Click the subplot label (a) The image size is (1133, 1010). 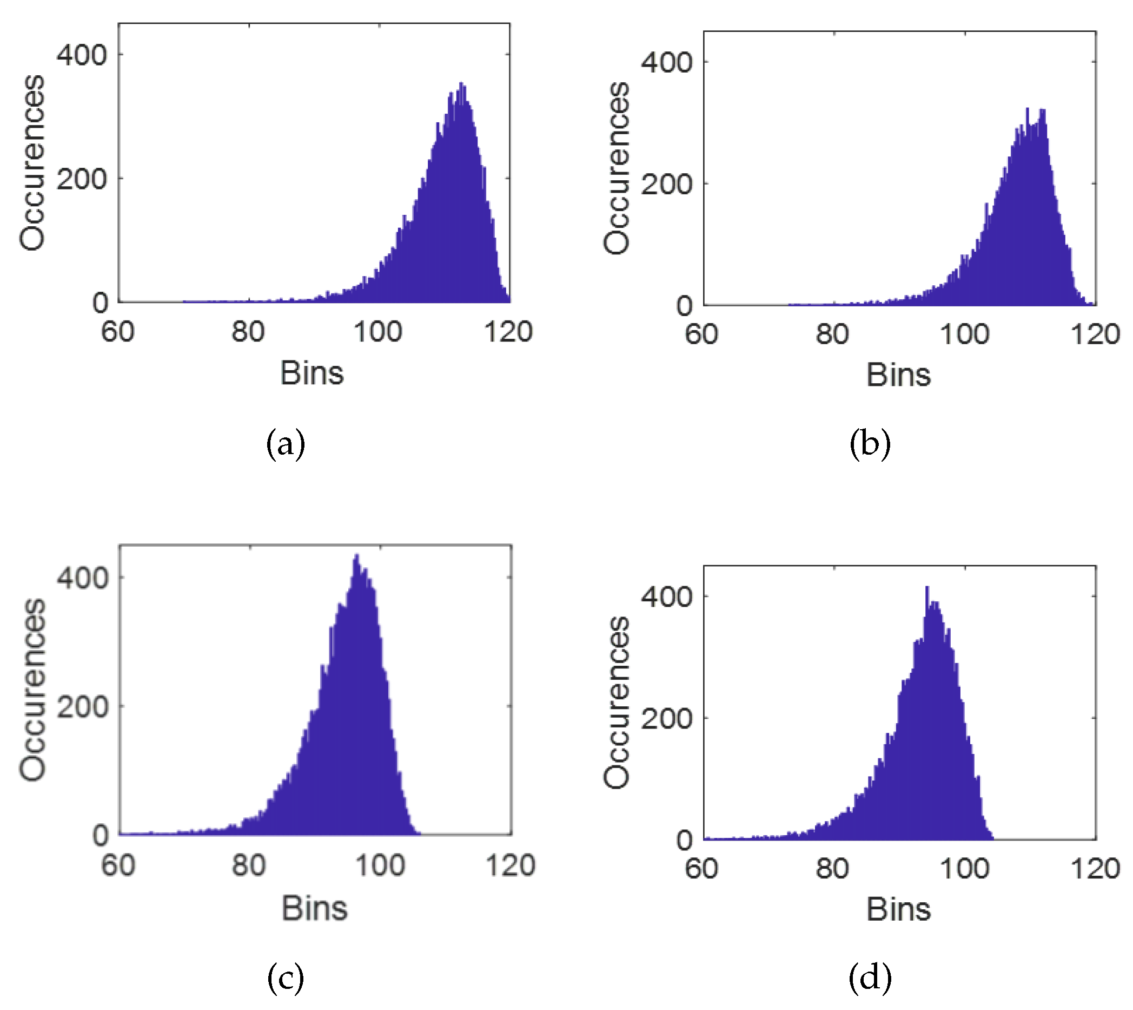286,444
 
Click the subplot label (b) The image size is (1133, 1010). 870,444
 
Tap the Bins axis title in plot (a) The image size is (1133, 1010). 312,373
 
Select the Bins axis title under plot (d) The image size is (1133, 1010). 898,909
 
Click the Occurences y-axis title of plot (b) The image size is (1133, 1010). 617,168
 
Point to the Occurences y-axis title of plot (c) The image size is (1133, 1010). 32,690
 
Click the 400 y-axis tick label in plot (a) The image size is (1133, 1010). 82,55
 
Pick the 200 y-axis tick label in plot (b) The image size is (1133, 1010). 666,183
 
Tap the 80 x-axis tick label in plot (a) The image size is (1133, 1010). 248,332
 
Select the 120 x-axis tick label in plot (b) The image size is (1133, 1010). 1095,334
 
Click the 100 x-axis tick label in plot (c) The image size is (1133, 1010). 380,865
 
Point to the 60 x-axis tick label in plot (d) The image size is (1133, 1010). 701,869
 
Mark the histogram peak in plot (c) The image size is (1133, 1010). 356,555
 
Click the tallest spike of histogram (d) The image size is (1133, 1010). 927,588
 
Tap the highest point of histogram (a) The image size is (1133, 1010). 461,84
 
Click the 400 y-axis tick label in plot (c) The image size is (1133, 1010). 82,578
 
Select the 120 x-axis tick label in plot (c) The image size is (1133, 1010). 510,865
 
